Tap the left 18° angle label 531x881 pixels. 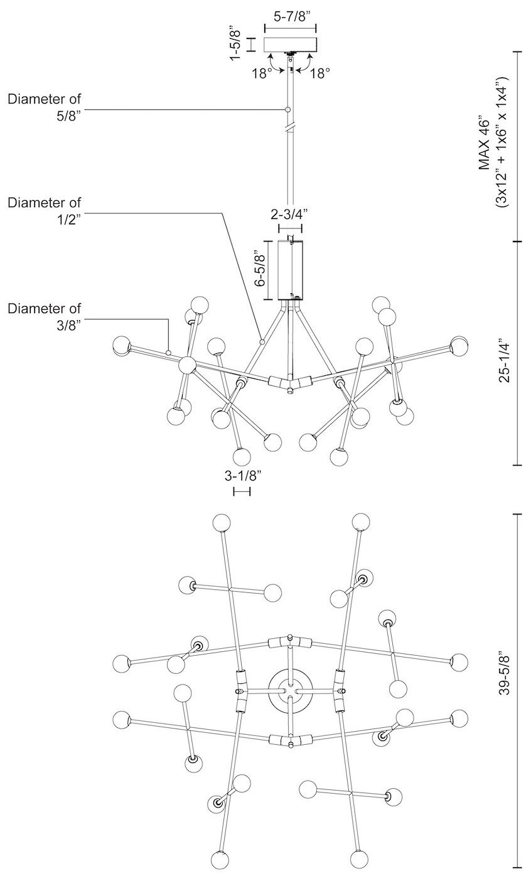tap(262, 73)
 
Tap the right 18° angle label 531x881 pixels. tap(319, 73)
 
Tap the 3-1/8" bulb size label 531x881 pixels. tap(242, 476)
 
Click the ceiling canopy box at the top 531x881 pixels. tap(290, 45)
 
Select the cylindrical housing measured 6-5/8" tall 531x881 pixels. tap(289, 270)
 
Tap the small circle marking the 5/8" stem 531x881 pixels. tap(288, 110)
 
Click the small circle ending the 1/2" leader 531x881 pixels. tap(262, 342)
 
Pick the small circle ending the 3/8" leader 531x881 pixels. tap(168, 353)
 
